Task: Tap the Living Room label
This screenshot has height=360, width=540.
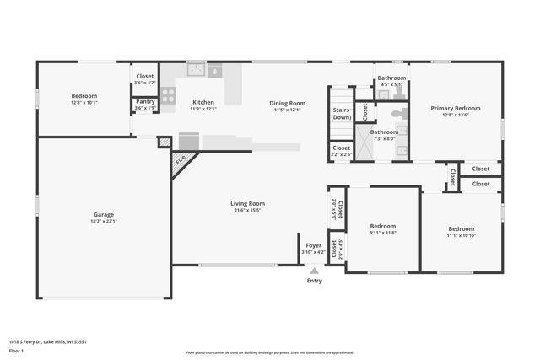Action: pyautogui.click(x=248, y=203)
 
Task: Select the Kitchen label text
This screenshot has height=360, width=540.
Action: pyautogui.click(x=203, y=102)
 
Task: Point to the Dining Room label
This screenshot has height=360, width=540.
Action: pyautogui.click(x=287, y=103)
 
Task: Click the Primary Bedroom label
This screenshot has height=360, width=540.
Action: pyautogui.click(x=456, y=108)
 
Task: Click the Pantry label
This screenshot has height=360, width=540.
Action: pyautogui.click(x=145, y=101)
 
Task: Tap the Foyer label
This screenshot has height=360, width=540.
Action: pyautogui.click(x=314, y=245)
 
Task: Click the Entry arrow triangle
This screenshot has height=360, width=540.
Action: pyautogui.click(x=314, y=271)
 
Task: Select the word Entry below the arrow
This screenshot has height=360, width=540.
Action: pyautogui.click(x=314, y=281)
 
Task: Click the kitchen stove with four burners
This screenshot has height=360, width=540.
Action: pyautogui.click(x=168, y=95)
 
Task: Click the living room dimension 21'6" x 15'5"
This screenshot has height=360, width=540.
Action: pyautogui.click(x=248, y=210)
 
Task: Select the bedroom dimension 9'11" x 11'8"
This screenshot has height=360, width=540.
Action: pyautogui.click(x=383, y=233)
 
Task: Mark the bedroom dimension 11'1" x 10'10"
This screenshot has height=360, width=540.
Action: pyautogui.click(x=461, y=235)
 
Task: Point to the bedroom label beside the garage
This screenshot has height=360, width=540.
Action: pyautogui.click(x=84, y=95)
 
